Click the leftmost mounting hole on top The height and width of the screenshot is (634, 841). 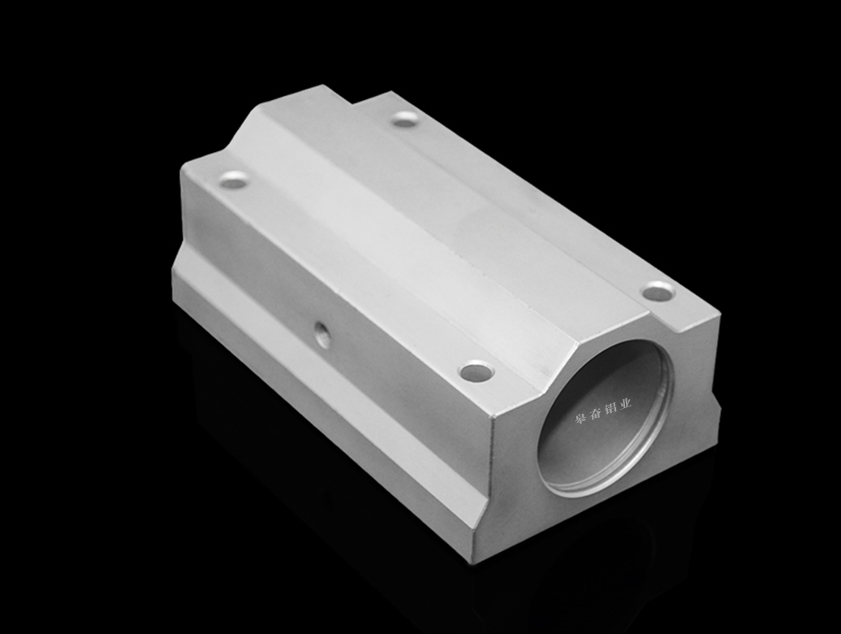pos(235,180)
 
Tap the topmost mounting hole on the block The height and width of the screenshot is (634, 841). pos(405,119)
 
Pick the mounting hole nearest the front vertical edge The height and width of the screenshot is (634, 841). pos(477,371)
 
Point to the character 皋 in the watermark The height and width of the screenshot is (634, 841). pos(580,417)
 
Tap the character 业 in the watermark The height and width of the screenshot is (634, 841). pos(625,402)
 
